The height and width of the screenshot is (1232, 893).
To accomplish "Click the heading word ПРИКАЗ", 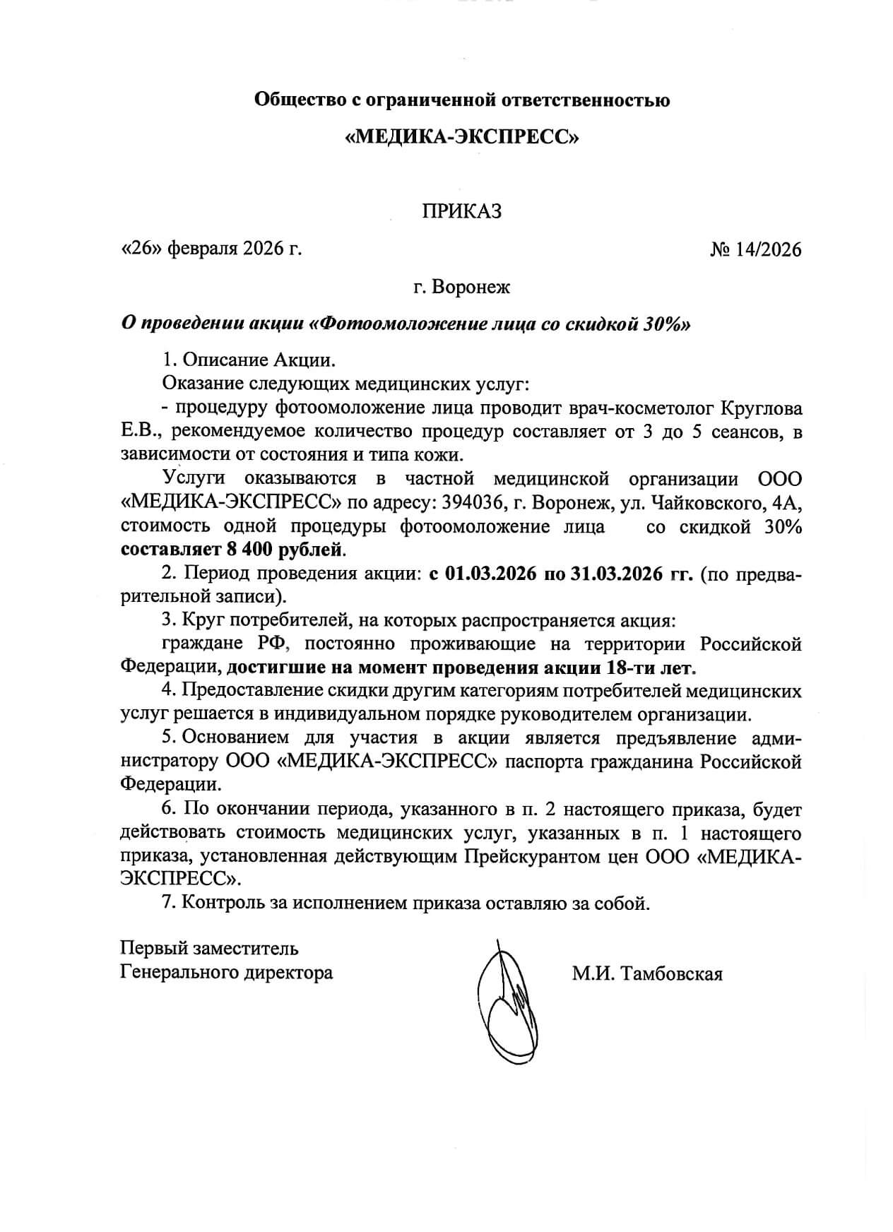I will pyautogui.click(x=461, y=211).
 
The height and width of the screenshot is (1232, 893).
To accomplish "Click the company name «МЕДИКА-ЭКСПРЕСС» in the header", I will pyautogui.click(x=461, y=136).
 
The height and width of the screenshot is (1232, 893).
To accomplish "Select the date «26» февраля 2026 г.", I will pyautogui.click(x=212, y=249).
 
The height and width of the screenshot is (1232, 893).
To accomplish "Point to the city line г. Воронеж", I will pyautogui.click(x=461, y=288).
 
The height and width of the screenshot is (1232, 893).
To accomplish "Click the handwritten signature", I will pyautogui.click(x=505, y=1003).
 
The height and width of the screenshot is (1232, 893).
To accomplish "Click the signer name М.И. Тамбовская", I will pyautogui.click(x=647, y=974).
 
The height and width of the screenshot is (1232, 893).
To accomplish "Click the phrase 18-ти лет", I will pyautogui.click(x=651, y=667).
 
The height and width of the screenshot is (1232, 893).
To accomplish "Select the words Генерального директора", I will pyautogui.click(x=227, y=972).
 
